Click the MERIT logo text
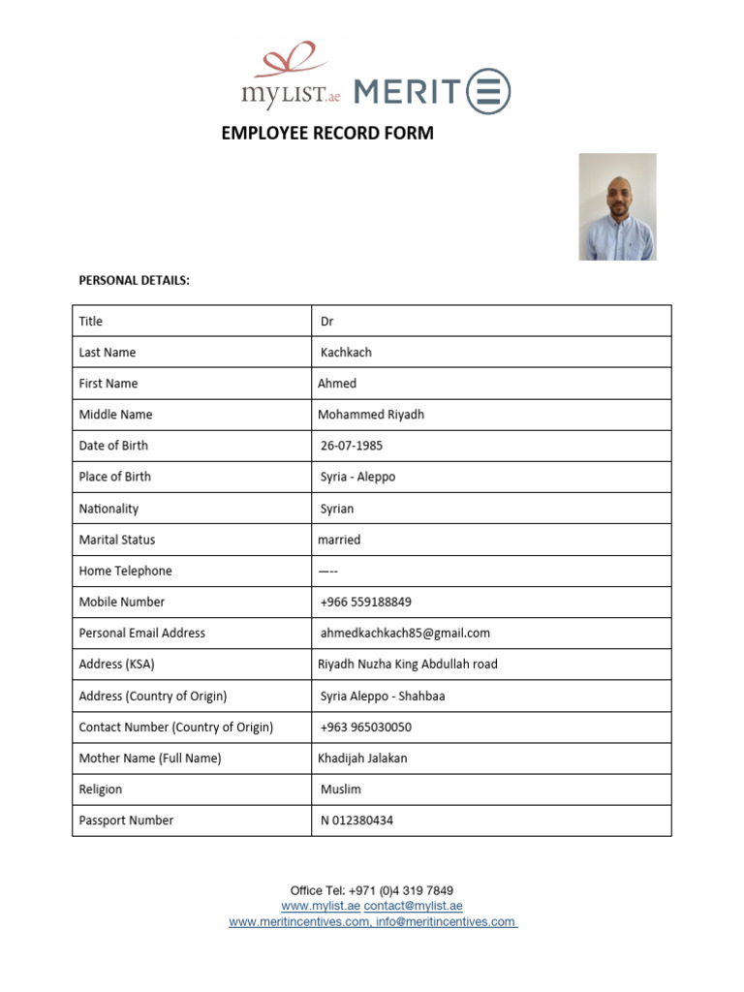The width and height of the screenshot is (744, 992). (x=407, y=91)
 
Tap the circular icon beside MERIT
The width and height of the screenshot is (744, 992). (x=488, y=91)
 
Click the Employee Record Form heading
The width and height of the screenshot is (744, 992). (x=327, y=134)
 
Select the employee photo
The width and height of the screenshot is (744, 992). (x=617, y=206)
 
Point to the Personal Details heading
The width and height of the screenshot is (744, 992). (x=134, y=281)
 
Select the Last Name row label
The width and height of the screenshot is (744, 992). (x=108, y=353)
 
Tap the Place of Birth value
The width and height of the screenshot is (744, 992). (x=357, y=477)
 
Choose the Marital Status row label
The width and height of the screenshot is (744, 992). (x=117, y=540)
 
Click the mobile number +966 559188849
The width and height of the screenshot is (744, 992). (x=365, y=602)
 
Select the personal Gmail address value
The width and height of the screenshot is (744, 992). (x=405, y=633)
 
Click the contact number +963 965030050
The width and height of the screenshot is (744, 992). (x=365, y=727)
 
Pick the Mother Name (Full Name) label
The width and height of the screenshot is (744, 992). (x=150, y=759)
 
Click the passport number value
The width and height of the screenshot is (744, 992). (x=356, y=821)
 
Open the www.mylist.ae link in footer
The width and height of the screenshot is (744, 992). (x=321, y=906)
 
